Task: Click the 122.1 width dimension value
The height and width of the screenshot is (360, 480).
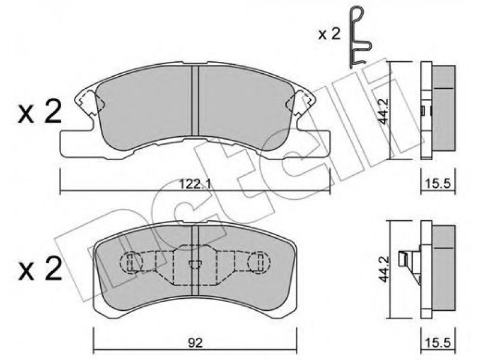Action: coord(194,185)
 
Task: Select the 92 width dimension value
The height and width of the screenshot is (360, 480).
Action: coord(196,343)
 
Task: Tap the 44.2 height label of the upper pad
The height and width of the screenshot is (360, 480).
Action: coord(383,111)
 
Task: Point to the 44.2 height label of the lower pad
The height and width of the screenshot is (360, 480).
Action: coord(383,269)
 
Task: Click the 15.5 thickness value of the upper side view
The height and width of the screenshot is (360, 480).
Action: coord(438,184)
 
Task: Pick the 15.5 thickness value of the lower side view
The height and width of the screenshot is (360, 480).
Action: coord(438,343)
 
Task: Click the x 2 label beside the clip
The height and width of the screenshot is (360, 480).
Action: coord(329,35)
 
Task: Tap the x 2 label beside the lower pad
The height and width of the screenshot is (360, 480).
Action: coord(40,268)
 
